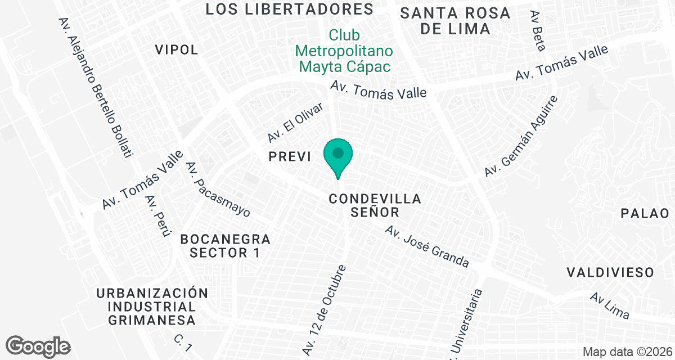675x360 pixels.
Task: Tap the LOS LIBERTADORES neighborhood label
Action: click(x=290, y=9)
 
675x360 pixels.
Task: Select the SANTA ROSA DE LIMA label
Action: click(x=455, y=21)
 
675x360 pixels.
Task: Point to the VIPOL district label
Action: click(x=177, y=49)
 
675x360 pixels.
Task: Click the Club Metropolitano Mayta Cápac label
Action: click(x=344, y=51)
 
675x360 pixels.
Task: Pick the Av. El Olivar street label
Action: click(x=295, y=122)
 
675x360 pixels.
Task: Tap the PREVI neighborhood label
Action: click(x=290, y=157)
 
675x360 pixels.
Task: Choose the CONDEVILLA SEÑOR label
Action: click(x=375, y=205)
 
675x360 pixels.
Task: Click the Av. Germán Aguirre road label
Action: click(x=521, y=136)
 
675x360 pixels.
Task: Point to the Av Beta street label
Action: click(x=538, y=30)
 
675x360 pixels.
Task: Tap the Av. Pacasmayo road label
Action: click(x=218, y=190)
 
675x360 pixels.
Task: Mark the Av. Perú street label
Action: click(x=157, y=216)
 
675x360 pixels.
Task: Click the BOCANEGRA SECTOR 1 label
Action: click(x=225, y=246)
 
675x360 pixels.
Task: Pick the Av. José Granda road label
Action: click(x=427, y=246)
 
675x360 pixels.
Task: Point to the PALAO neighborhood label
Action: click(x=645, y=213)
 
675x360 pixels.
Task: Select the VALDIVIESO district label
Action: click(x=610, y=273)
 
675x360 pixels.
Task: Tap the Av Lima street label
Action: click(x=609, y=305)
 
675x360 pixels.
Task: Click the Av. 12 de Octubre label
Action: click(x=325, y=309)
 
